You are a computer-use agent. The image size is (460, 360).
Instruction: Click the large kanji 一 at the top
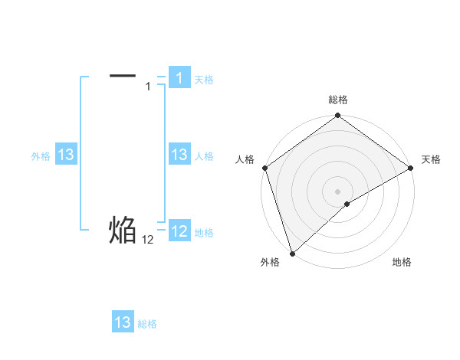click(x=123, y=75)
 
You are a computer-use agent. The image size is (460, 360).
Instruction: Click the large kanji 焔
click(x=123, y=230)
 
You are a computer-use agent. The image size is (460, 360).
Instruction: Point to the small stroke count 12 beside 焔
click(x=148, y=240)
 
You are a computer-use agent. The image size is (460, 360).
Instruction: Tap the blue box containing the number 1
click(x=179, y=77)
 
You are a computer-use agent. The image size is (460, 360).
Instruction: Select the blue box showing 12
click(x=179, y=231)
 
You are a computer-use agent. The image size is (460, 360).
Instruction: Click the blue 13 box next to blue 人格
click(x=179, y=155)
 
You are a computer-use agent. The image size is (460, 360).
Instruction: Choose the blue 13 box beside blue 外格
click(x=65, y=155)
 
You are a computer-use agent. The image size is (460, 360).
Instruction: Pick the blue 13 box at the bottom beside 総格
click(x=123, y=322)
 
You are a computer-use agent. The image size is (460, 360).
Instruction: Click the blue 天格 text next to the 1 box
click(x=204, y=79)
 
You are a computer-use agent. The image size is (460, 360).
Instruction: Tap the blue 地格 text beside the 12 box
click(x=204, y=233)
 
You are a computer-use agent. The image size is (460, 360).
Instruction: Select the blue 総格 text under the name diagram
click(x=147, y=324)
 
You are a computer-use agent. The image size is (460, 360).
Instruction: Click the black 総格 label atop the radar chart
click(x=338, y=100)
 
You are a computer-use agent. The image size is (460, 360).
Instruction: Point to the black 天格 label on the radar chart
click(x=431, y=159)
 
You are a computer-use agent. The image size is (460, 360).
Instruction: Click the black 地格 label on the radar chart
click(x=402, y=262)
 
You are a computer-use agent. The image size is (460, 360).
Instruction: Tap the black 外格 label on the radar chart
click(x=270, y=262)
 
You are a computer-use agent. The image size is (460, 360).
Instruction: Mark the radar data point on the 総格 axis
click(x=338, y=116)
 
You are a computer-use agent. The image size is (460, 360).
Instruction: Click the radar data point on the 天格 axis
click(x=411, y=168)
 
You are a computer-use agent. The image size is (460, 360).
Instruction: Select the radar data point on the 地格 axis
click(x=347, y=204)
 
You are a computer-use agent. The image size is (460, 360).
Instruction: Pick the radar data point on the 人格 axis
click(x=264, y=168)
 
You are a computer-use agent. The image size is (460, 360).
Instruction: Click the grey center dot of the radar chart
click(x=338, y=191)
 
